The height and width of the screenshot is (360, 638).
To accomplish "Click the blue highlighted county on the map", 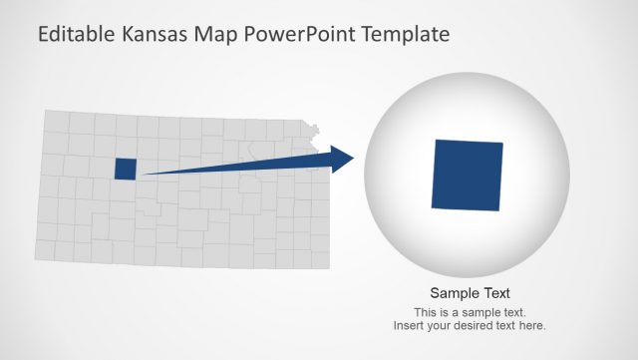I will pos(125,169).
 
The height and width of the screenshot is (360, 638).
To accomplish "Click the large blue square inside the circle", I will pos(468,176).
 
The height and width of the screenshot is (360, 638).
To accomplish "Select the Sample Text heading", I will pos(470,293).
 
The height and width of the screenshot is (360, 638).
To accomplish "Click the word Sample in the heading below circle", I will pos(453,293).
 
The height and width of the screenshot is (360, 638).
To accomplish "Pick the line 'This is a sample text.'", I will pos(470,312).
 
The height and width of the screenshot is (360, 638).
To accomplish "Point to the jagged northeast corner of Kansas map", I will pos(316,131).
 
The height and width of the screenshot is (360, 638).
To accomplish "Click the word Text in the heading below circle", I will pos(493,293).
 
